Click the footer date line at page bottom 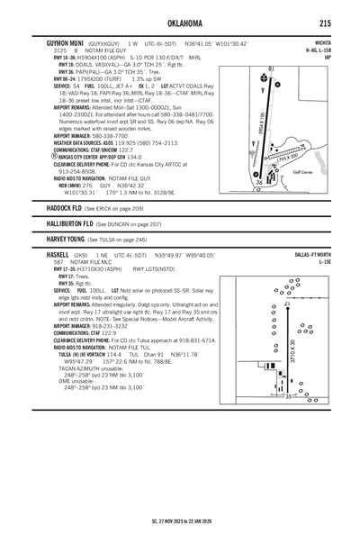(179, 521)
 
